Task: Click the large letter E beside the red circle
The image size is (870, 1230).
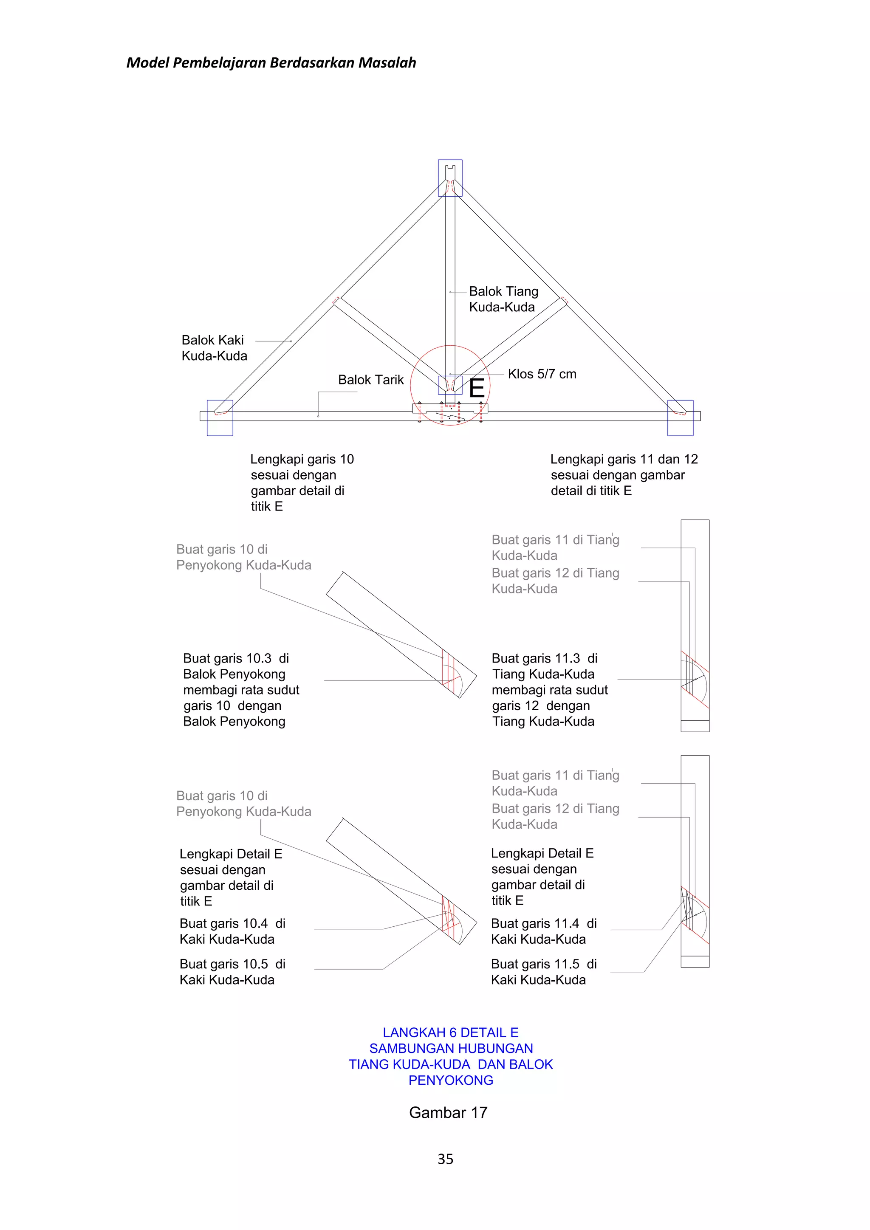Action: [x=476, y=387]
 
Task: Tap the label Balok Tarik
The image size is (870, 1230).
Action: [x=371, y=380]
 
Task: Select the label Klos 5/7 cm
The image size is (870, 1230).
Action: [x=542, y=374]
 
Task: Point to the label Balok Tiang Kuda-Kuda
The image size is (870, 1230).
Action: [x=503, y=299]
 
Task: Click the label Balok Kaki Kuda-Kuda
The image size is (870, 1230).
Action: [x=214, y=348]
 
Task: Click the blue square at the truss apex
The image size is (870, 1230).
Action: [x=450, y=178]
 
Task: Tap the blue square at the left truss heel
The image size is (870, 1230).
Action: [x=220, y=418]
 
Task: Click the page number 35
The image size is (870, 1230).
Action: [x=445, y=1159]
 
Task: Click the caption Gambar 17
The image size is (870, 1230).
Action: [x=448, y=1112]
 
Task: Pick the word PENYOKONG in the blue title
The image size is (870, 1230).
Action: [x=451, y=1080]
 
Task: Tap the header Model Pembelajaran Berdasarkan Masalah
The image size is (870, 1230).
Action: [x=271, y=63]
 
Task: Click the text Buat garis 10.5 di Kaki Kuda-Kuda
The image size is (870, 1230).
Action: [x=232, y=971]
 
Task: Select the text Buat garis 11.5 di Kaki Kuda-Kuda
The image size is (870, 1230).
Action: [x=543, y=971]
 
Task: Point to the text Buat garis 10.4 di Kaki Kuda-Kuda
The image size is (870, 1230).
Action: [x=232, y=931]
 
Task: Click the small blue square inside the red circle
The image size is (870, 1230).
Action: [x=450, y=385]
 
